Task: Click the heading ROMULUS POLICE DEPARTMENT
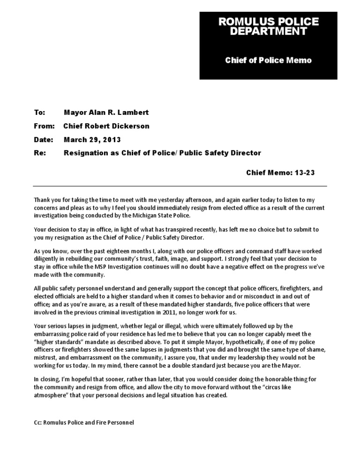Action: click(x=269, y=27)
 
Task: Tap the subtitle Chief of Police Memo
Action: click(x=269, y=60)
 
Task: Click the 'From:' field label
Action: click(x=44, y=126)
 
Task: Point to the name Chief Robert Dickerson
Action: click(x=106, y=126)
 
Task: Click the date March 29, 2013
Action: click(x=92, y=140)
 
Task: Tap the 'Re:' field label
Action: click(x=39, y=153)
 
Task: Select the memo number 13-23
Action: click(x=304, y=173)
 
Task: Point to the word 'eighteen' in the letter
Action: click(x=116, y=251)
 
